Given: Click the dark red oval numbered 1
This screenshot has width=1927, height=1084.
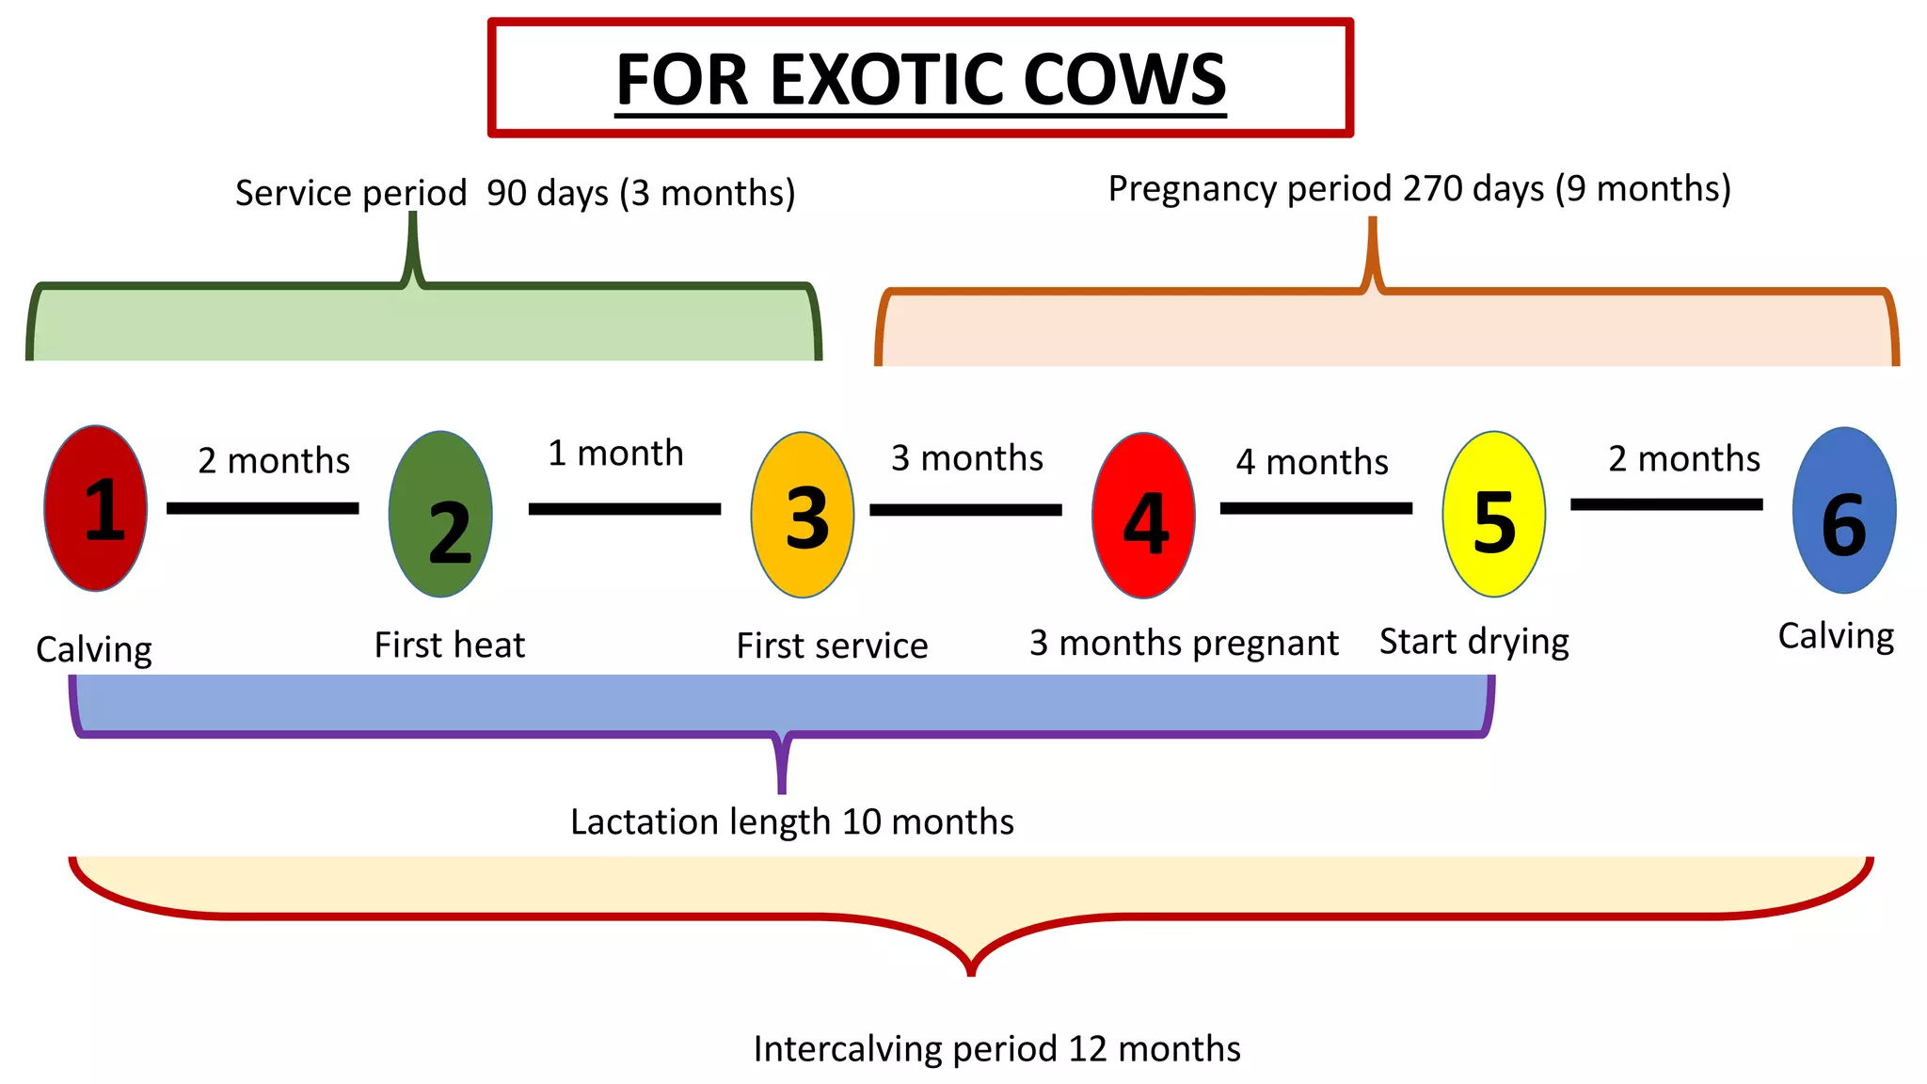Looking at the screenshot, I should coord(96,508).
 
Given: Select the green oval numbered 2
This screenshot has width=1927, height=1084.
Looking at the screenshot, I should coord(440,514).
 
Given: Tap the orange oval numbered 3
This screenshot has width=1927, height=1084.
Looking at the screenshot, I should coord(803,515).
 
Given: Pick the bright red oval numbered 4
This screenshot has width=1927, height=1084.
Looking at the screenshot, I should coord(1143,516).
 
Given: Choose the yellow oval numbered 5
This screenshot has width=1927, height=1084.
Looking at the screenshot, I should coord(1493,514).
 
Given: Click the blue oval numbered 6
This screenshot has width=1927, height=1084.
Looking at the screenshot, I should coord(1844,510).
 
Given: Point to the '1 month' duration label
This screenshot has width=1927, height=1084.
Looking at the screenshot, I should coord(615,454).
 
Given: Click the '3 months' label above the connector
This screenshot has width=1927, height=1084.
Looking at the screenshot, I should coord(967,458).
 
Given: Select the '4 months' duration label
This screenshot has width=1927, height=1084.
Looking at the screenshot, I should coord(1312,462).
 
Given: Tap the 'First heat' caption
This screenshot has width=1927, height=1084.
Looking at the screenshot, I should coord(450,646).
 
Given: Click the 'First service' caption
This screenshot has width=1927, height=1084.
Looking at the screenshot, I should coord(832,646).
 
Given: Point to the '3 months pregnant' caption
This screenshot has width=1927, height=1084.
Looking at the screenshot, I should coord(1184,644).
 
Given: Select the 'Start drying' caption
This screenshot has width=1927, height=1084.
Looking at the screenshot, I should coord(1474,642).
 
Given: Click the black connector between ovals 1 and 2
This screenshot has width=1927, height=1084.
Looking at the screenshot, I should coord(263,508).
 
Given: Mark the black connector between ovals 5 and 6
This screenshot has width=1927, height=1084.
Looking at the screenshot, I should coord(1666,504).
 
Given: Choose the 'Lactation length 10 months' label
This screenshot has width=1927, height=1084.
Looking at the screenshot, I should coord(792,821).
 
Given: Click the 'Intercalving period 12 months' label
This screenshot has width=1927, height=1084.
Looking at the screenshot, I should coord(997,1048).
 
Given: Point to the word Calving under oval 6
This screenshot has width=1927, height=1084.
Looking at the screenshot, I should coord(1836,637).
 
